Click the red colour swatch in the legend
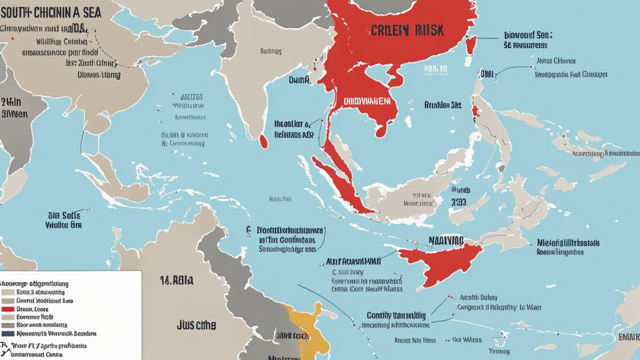point(8,309)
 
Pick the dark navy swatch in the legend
point(8,333)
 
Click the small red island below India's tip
point(263,141)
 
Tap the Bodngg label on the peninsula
point(270,50)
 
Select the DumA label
point(299,79)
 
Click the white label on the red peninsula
point(366,100)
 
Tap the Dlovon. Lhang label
point(98,75)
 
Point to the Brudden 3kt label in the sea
point(442,105)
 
